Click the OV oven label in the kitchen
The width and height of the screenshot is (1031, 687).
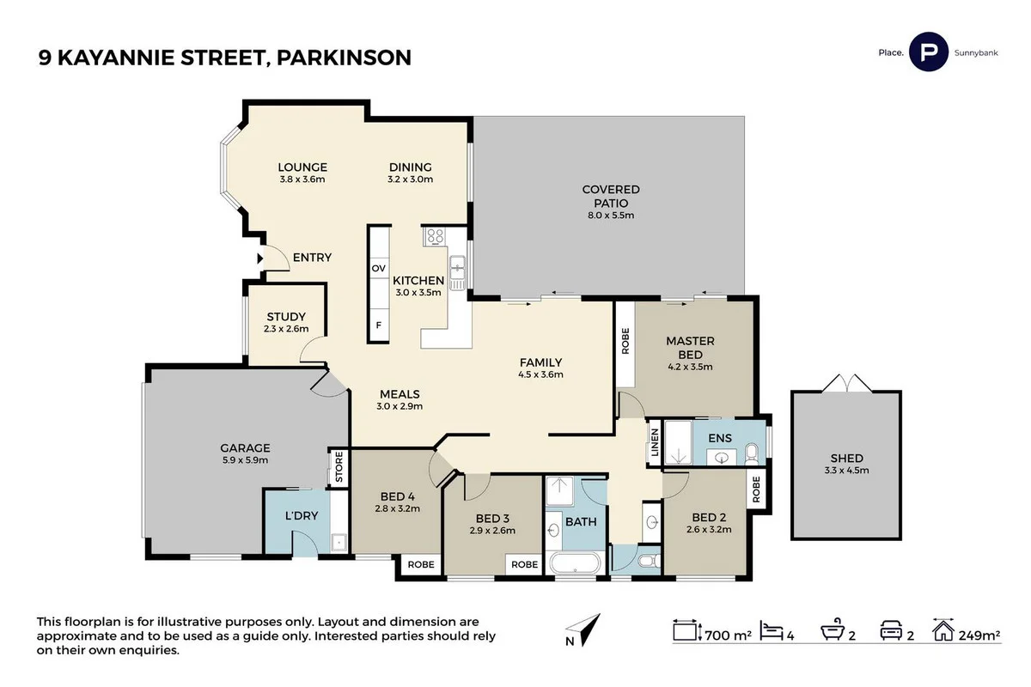378,269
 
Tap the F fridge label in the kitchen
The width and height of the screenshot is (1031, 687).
378,325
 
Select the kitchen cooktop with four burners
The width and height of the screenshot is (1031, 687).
433,235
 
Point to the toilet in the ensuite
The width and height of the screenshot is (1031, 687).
752,452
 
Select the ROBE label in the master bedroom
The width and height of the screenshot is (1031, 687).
625,341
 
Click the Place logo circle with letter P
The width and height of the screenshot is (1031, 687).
928,52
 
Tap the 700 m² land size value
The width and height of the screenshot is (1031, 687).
729,635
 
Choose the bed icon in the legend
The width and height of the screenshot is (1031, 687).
773,634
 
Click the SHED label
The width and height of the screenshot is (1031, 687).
846,458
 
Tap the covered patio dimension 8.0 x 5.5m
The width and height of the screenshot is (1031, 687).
611,215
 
